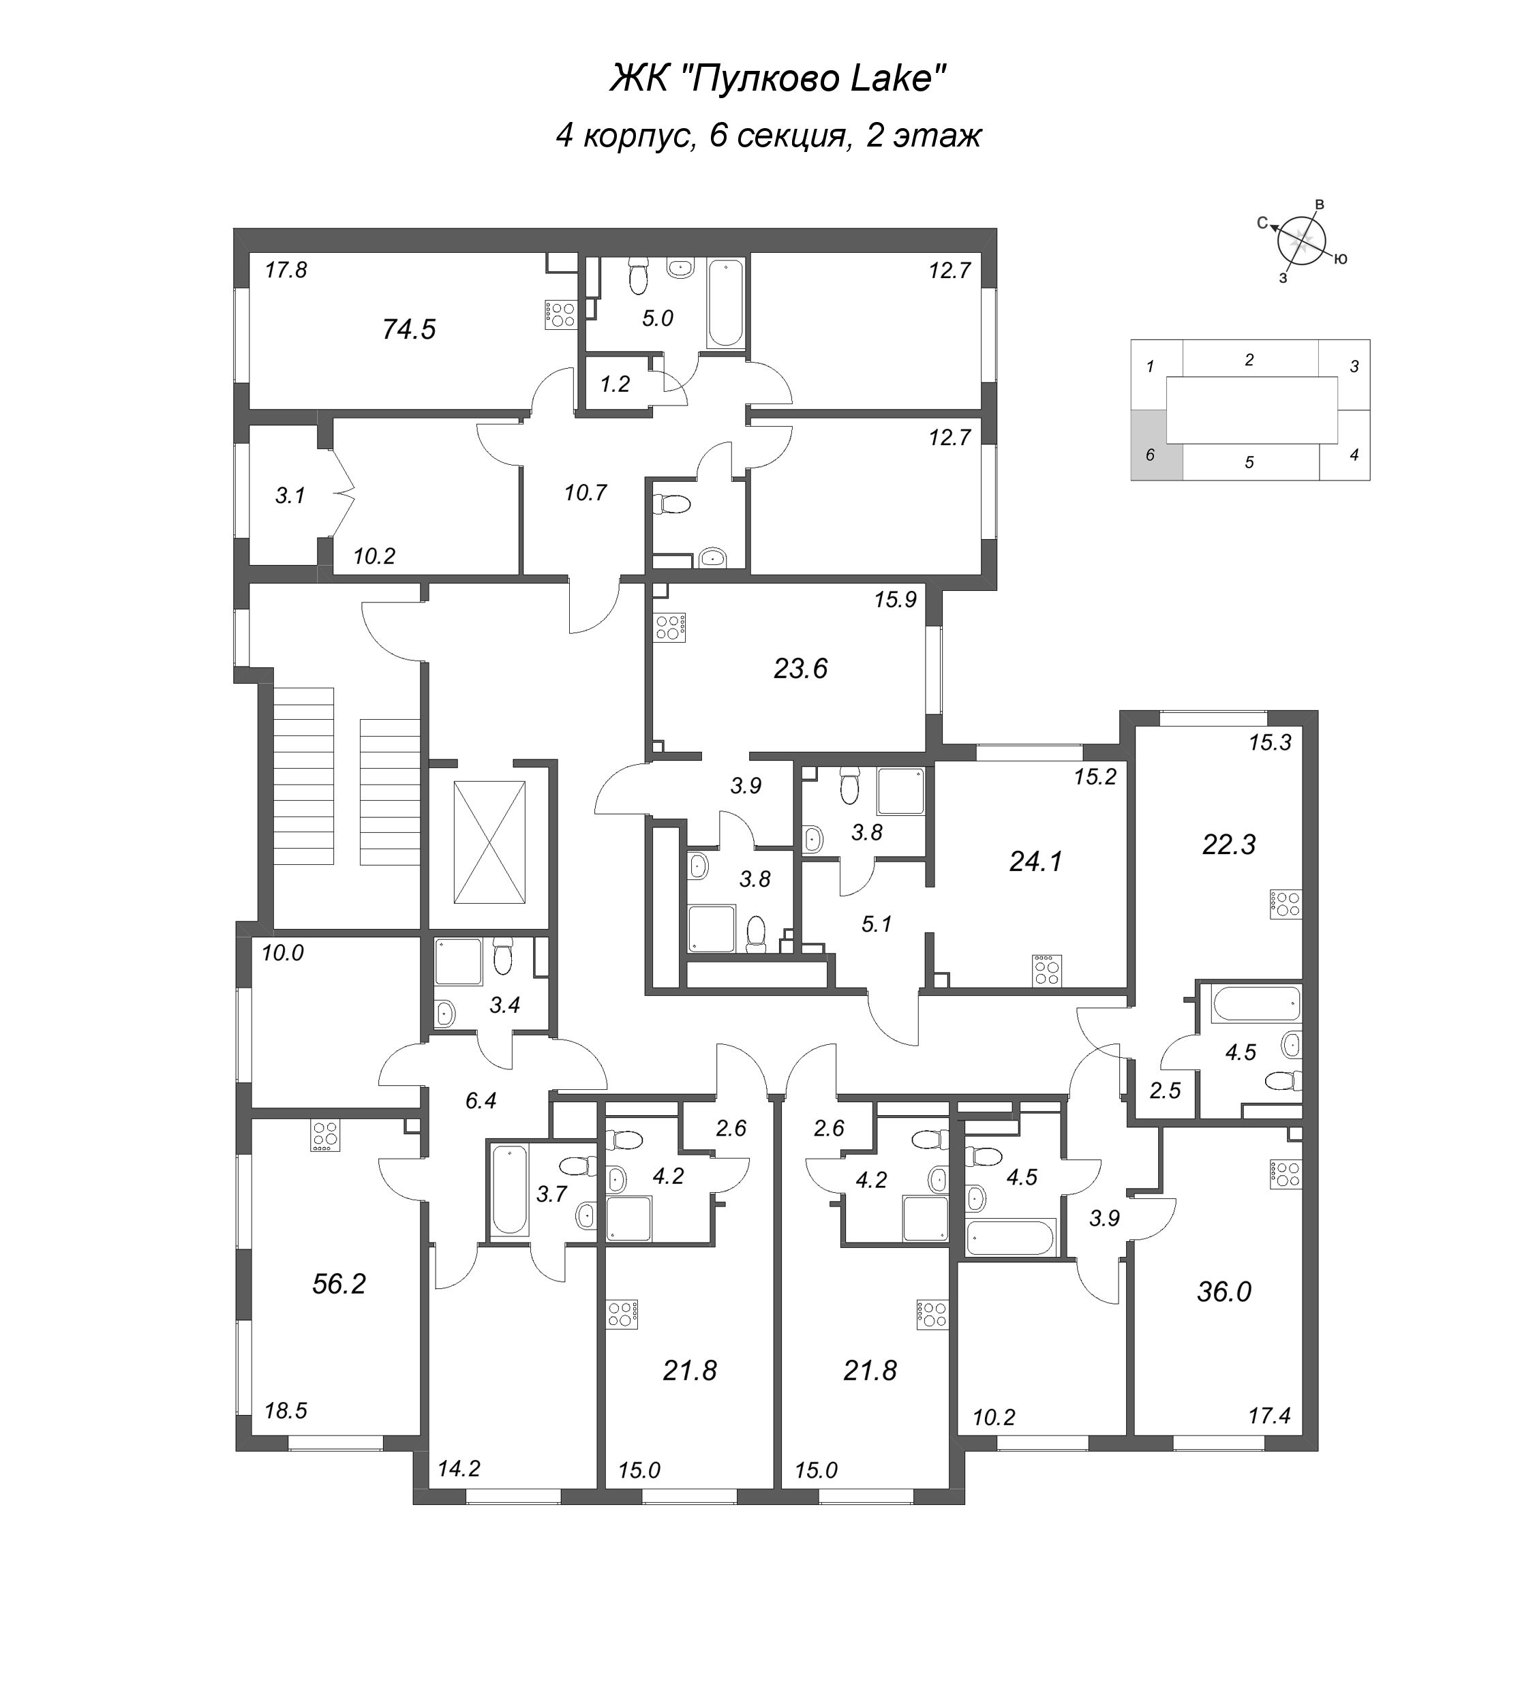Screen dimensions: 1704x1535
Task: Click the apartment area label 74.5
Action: pos(409,329)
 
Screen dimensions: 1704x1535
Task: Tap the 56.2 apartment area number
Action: pos(339,1284)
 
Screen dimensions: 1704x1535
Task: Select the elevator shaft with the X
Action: pos(489,842)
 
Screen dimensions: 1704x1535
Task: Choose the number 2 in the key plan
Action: pos(1249,360)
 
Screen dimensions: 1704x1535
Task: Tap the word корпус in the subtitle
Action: pos(639,136)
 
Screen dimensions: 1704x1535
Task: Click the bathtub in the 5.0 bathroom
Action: pos(725,305)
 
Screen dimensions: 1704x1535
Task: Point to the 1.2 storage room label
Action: pos(615,384)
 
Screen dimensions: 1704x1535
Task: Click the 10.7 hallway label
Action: pos(586,493)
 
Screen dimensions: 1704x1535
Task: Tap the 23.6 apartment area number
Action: pos(800,669)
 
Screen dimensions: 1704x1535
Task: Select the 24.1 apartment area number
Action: pos(1035,862)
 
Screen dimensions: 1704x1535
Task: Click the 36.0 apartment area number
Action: pos(1224,1292)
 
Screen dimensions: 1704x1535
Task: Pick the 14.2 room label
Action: pos(459,1469)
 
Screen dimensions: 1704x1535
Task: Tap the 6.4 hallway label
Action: pos(481,1101)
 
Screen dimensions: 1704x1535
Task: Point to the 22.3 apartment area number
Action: pos(1229,845)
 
